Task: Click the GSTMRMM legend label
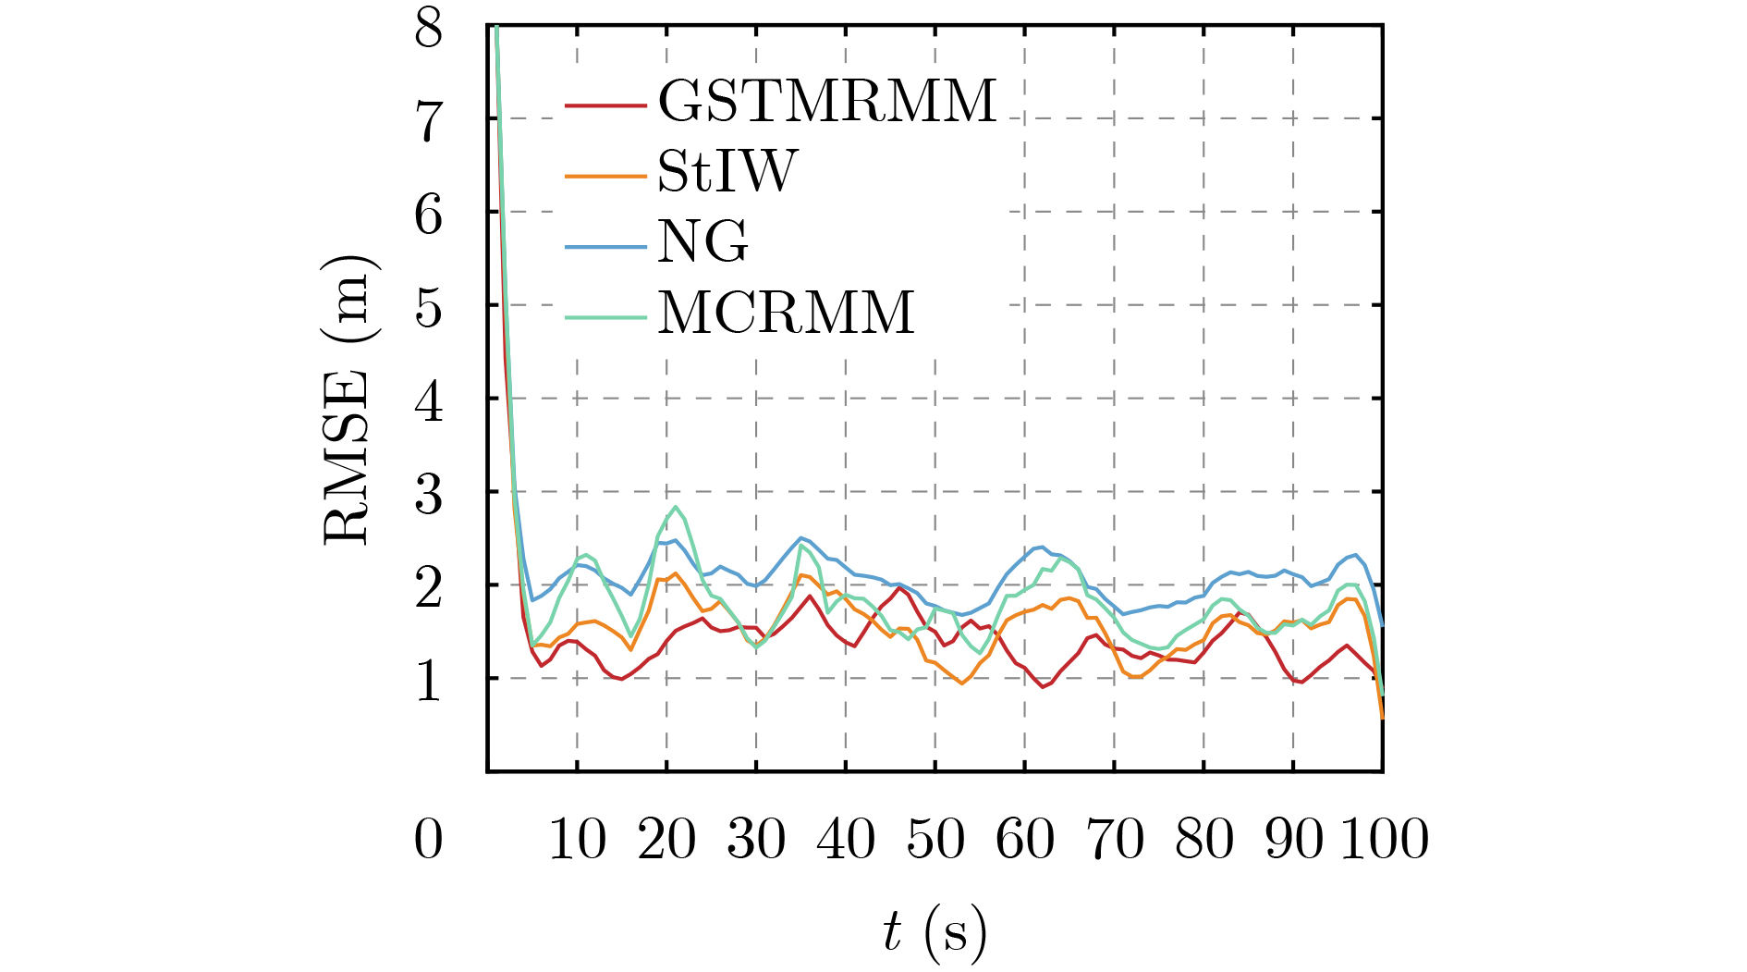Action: pyautogui.click(x=827, y=100)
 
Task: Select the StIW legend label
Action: pyautogui.click(x=727, y=171)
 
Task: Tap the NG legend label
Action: pyautogui.click(x=702, y=241)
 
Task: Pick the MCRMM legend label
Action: pyautogui.click(x=786, y=313)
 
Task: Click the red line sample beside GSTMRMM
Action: pyautogui.click(x=605, y=105)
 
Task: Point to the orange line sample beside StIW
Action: pyautogui.click(x=605, y=175)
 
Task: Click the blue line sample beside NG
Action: pyautogui.click(x=605, y=246)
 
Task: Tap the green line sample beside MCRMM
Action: pyautogui.click(x=605, y=317)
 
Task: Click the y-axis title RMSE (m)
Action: pyautogui.click(x=348, y=399)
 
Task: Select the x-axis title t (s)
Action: pyautogui.click(x=934, y=932)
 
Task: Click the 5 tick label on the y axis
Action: pyautogui.click(x=428, y=307)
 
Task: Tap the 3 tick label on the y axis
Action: pyautogui.click(x=428, y=495)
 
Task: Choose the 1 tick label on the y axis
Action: pyautogui.click(x=428, y=682)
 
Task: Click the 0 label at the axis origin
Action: pyautogui.click(x=428, y=840)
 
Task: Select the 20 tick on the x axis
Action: pyautogui.click(x=666, y=840)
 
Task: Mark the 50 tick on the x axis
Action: pyautogui.click(x=935, y=840)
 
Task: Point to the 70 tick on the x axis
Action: pyautogui.click(x=1115, y=840)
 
